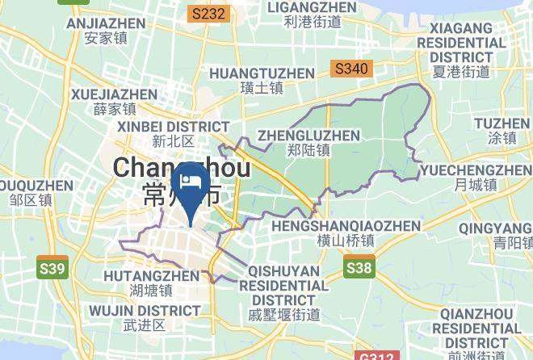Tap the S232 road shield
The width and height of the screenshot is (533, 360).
(x=209, y=14)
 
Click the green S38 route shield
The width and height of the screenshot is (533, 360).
(x=359, y=266)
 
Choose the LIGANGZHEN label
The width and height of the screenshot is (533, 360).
(x=312, y=15)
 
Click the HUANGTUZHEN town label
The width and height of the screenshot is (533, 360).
(x=262, y=80)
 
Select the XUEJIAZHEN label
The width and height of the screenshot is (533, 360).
(x=114, y=101)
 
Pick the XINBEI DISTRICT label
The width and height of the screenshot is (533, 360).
(x=173, y=133)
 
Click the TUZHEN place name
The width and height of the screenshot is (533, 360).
(x=502, y=130)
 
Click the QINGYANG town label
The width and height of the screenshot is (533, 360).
(x=495, y=235)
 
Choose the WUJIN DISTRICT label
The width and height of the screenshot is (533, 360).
(x=145, y=316)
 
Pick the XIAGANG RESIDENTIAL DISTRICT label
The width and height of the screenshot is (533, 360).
(x=461, y=50)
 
